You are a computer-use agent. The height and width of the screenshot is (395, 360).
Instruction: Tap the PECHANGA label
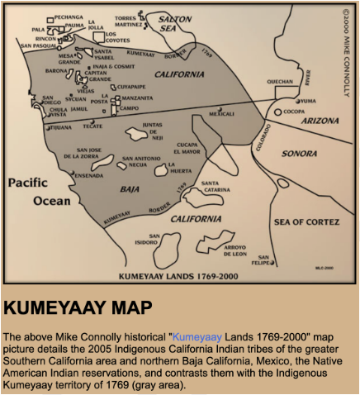click(x=69, y=16)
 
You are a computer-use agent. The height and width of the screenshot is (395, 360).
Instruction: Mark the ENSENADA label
click(x=88, y=175)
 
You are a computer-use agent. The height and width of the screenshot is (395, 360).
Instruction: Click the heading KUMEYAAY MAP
click(x=78, y=308)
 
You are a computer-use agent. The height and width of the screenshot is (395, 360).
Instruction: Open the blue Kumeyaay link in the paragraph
click(x=198, y=337)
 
